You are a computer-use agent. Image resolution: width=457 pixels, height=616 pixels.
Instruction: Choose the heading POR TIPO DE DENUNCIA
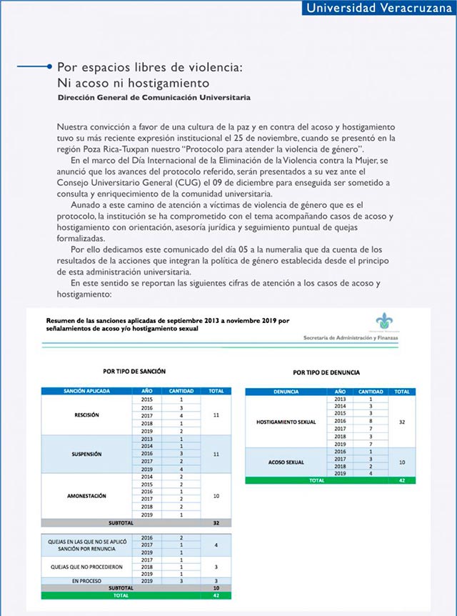tap(326, 373)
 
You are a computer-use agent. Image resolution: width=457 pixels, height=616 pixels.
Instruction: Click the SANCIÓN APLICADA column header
tap(86, 391)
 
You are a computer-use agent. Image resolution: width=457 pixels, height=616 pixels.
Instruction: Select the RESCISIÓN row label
tap(86, 414)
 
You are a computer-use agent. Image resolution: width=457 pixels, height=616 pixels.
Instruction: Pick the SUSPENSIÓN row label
tap(86, 454)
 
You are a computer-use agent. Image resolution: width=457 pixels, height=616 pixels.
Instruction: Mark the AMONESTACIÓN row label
tap(86, 495)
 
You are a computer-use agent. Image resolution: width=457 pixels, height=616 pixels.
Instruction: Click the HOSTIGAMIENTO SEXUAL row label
tap(286, 422)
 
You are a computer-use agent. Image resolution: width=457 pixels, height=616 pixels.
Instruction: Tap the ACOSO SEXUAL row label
tap(286, 462)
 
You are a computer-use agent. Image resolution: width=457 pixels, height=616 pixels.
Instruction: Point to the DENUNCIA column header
tap(286, 392)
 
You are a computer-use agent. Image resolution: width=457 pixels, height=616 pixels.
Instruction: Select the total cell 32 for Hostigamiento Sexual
tap(402, 422)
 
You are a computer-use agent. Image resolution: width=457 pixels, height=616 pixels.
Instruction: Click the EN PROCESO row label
tap(86, 580)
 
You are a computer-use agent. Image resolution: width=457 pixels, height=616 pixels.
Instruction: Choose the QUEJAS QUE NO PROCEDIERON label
tap(86, 566)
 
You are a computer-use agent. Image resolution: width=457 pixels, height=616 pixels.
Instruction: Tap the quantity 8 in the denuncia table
tap(371, 422)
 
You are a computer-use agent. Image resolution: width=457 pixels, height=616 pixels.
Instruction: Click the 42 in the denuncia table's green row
tap(402, 481)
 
